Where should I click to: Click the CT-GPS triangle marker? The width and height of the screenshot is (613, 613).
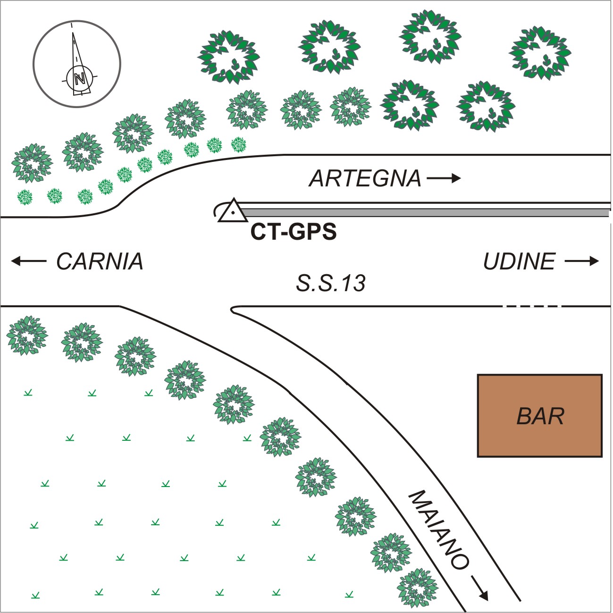pyautogui.click(x=233, y=210)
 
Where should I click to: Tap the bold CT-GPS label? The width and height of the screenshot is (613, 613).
pyautogui.click(x=294, y=232)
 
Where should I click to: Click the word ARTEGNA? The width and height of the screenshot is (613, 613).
pyautogui.click(x=365, y=179)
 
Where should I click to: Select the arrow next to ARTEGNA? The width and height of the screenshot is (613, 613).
pyautogui.click(x=444, y=178)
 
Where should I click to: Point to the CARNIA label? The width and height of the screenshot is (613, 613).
pyautogui.click(x=100, y=261)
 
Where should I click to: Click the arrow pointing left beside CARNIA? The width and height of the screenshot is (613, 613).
pyautogui.click(x=29, y=261)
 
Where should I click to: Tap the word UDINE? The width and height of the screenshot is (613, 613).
pyautogui.click(x=520, y=261)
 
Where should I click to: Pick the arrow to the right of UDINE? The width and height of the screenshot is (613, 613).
pyautogui.click(x=582, y=261)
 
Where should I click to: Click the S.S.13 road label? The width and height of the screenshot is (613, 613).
pyautogui.click(x=331, y=283)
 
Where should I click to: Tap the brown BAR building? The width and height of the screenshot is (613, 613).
pyautogui.click(x=540, y=415)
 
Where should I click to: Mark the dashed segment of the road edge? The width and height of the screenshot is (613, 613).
pyautogui.click(x=531, y=306)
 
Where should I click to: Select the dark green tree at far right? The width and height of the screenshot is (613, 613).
pyautogui.click(x=540, y=53)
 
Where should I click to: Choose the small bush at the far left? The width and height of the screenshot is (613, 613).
pyautogui.click(x=25, y=197)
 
